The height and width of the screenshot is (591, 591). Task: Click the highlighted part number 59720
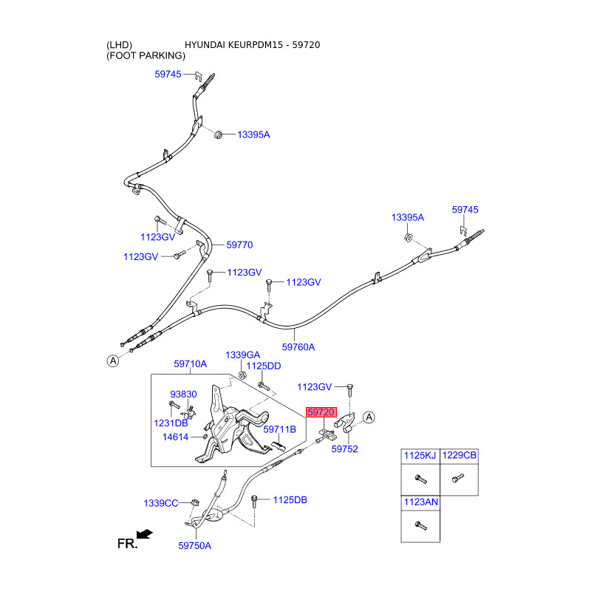321,412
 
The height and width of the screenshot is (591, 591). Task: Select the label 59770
239,245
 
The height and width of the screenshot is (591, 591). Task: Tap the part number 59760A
298,346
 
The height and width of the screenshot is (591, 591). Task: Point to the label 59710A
190,364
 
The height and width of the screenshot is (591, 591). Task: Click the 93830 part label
183,394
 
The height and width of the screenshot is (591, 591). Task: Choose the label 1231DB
171,423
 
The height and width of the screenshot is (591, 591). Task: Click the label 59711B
279,429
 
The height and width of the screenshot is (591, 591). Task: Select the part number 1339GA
242,355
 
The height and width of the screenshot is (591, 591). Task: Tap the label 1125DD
263,366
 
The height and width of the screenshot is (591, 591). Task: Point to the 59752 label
344,448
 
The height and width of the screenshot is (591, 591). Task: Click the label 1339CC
161,503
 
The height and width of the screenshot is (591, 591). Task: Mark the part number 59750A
194,546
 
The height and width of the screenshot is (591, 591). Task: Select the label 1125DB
290,500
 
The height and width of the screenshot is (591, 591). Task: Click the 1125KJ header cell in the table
419,457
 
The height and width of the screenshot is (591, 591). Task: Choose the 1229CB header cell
459,457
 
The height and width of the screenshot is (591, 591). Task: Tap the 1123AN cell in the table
419,502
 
